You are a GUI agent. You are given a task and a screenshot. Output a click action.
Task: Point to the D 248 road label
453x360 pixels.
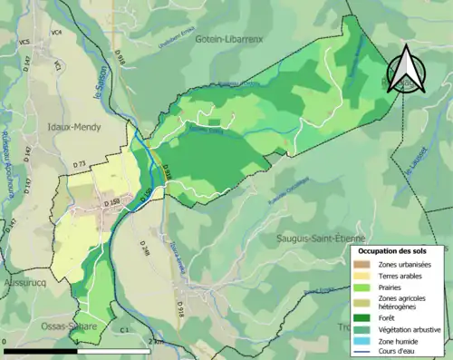click(144, 249)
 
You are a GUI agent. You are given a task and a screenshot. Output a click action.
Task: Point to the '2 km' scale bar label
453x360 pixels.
click(158, 343)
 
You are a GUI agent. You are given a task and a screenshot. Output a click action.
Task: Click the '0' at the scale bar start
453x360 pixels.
click(5, 343)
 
